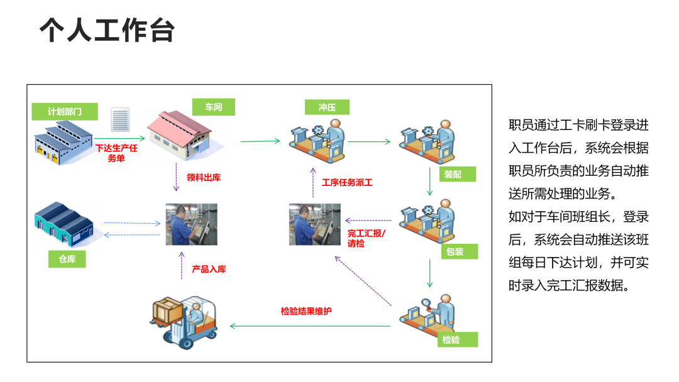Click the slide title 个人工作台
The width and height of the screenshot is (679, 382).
coord(107,30)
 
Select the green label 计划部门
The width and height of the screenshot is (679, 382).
coord(65,112)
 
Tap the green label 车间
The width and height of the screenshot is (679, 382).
coord(214,107)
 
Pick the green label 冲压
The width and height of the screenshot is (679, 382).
coord(327,107)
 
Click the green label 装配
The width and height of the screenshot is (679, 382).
coord(453,174)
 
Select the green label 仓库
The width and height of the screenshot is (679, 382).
coord(67,259)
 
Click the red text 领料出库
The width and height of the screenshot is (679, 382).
coord(204,178)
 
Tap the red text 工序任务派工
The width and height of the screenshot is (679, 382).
coord(347,183)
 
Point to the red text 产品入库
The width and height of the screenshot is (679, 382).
coord(209,270)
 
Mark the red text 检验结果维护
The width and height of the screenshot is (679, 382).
coord(306,311)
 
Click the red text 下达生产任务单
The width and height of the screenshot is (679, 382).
coord(116,153)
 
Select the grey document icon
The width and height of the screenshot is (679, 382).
coord(119,119)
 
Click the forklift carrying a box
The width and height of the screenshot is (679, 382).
coord(184,322)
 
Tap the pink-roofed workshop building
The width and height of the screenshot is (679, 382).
coord(185,134)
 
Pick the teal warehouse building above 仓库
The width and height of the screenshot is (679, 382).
coord(65,225)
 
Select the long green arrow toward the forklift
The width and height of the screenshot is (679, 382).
coord(311,326)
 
